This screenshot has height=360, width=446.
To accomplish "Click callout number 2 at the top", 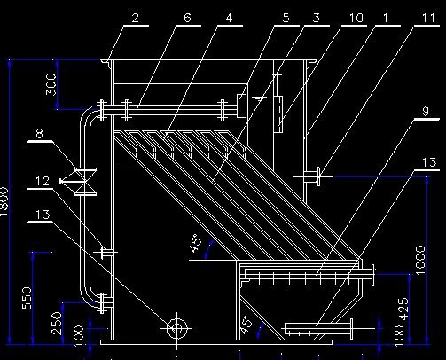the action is [135, 18].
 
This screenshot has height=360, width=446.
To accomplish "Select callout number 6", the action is [187, 18].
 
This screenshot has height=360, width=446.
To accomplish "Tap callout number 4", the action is [229, 18].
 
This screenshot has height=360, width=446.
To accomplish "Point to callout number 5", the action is [286, 18].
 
